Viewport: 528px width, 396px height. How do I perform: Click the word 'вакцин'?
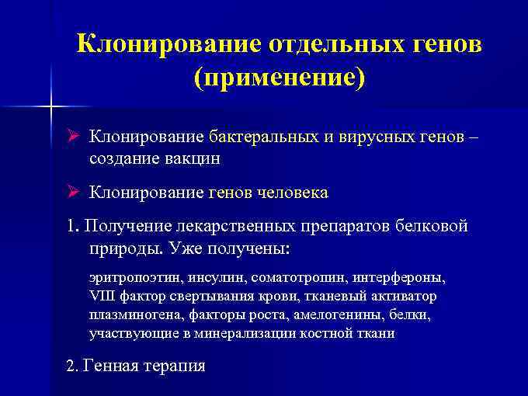[193, 158]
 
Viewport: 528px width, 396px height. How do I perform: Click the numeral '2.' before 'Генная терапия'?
[73, 366]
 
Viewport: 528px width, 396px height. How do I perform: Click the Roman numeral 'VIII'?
[101, 296]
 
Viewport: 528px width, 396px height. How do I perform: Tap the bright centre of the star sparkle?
[51, 104]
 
